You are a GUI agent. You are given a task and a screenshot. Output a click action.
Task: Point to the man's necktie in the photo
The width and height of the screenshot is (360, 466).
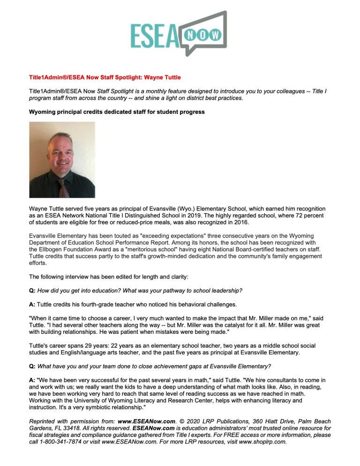(x=63, y=188)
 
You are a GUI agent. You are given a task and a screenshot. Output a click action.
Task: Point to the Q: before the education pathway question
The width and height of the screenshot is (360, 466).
(x=32, y=291)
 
